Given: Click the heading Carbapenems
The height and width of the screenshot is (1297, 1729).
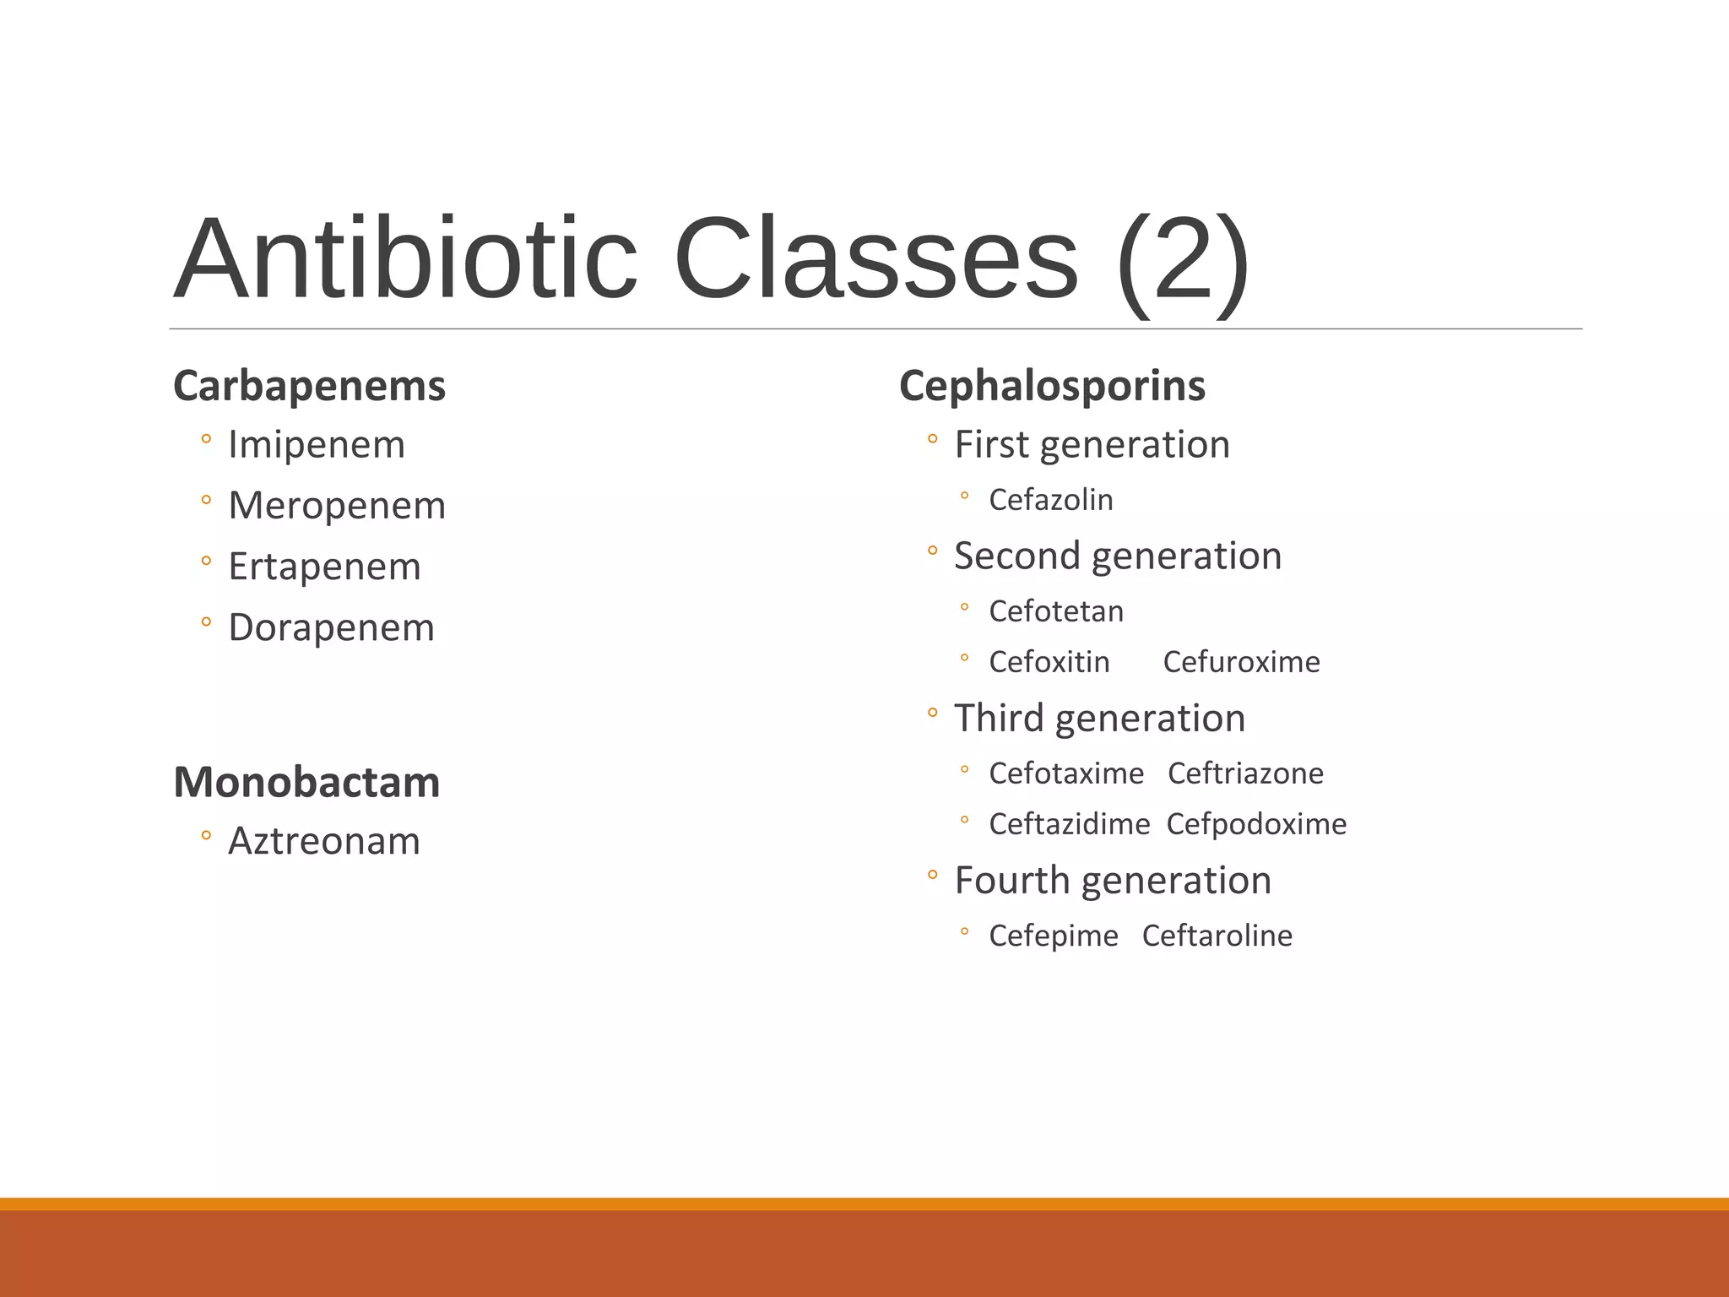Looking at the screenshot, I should point(309,387).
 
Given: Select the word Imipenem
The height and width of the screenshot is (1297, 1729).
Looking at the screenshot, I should point(317,445).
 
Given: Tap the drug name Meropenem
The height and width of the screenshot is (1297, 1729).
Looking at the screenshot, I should point(337,506).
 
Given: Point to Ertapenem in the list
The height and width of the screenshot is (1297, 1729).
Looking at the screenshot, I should point(324,567).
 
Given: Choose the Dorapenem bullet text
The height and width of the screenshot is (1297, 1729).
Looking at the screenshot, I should point(331,628).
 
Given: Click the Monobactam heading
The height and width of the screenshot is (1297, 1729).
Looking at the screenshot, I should point(306,782).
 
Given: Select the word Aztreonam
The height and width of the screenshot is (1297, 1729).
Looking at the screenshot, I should point(324,841).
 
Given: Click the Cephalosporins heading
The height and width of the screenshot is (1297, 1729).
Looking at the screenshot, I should point(1052,387).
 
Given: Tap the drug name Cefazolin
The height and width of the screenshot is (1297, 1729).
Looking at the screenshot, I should point(1051,500).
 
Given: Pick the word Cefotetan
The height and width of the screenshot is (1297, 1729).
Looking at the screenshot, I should point(1056,611).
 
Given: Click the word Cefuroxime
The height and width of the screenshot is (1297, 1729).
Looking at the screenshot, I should point(1241,662).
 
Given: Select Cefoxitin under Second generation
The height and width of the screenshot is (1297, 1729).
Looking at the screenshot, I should point(1049,662).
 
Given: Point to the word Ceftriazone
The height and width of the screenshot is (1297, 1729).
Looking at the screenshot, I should point(1245,773).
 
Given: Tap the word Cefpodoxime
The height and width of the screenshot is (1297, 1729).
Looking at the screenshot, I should point(1256,824).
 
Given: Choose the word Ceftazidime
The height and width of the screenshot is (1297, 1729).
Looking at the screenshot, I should point(1070,824).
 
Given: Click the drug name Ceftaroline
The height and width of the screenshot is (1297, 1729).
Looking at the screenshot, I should point(1217,936).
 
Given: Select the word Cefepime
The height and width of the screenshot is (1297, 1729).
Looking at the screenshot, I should point(1054,936).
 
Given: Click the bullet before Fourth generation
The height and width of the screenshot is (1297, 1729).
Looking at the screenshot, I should point(932,876).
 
